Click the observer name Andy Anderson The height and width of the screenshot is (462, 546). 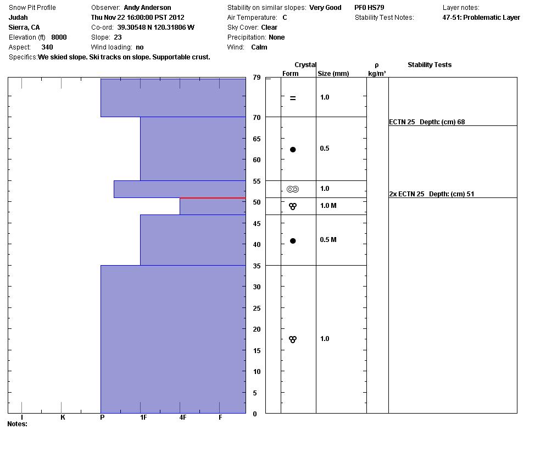(x=147, y=8)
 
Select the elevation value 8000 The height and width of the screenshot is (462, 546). (x=59, y=37)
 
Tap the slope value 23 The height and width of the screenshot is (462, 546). (x=118, y=37)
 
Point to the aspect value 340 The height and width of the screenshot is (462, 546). (x=47, y=47)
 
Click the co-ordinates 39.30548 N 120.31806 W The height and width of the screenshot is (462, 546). (x=155, y=28)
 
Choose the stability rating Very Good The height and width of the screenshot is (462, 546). (x=325, y=8)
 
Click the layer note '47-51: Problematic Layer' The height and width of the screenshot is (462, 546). (x=481, y=18)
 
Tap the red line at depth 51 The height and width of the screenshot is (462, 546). (x=213, y=198)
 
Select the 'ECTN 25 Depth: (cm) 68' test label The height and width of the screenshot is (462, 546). (x=427, y=122)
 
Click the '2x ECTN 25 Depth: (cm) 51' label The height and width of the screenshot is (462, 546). (x=432, y=194)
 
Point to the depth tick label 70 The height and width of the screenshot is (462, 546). (x=257, y=118)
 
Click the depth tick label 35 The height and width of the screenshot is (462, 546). (x=257, y=266)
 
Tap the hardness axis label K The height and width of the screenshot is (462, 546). (x=63, y=417)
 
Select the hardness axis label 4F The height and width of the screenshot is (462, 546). (x=183, y=417)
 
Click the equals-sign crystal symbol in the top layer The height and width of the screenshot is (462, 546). (x=293, y=98)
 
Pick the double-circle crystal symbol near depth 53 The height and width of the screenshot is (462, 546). (x=293, y=189)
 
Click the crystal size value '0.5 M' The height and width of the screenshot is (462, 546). (x=328, y=240)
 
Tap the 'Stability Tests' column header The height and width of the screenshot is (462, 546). (x=430, y=65)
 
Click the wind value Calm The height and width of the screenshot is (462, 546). (x=259, y=47)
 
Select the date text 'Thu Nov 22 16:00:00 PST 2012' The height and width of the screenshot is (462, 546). (x=137, y=18)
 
